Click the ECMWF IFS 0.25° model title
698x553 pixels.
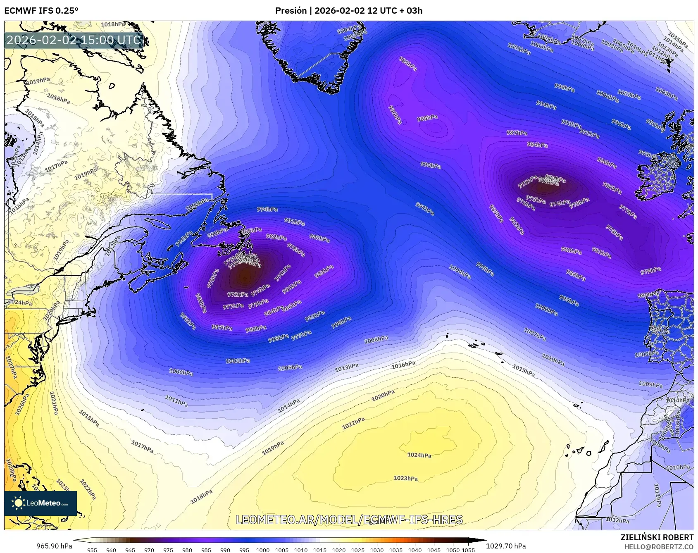tap(41, 11)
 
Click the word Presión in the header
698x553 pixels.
tap(291, 11)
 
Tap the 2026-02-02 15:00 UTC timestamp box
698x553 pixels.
tap(74, 40)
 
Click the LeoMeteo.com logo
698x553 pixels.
tap(40, 503)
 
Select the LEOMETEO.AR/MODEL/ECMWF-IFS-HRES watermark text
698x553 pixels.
tap(349, 520)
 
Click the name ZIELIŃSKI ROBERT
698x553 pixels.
tap(657, 537)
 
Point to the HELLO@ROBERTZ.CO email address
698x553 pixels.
tap(659, 547)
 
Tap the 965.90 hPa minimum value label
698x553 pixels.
tap(54, 546)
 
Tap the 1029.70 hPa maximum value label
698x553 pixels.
tap(506, 546)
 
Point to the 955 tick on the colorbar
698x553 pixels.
tap(92, 550)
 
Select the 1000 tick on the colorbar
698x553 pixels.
tap(262, 550)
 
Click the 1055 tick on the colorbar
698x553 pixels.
tap(468, 550)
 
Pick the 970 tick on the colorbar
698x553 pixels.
tap(149, 550)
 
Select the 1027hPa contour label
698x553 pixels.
tap(11, 367)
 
